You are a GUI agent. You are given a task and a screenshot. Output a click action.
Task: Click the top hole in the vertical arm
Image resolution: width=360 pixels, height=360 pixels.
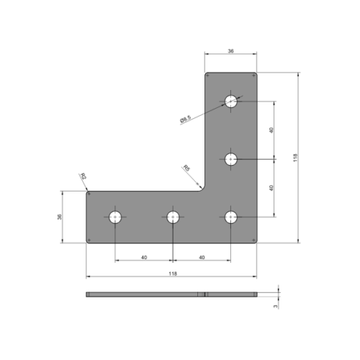[x=230, y=102]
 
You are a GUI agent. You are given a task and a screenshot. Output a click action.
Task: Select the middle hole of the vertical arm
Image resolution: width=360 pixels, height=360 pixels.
[x=230, y=159]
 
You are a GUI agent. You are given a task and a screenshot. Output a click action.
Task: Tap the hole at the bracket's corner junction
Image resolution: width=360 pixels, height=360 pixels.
[x=230, y=216]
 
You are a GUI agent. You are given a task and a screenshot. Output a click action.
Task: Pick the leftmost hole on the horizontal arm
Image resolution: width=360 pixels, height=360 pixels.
[x=115, y=216]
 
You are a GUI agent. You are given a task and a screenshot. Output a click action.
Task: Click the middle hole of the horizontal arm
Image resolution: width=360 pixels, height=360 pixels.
[x=173, y=216]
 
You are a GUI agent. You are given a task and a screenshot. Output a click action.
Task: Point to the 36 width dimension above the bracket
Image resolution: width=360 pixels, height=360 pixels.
[x=230, y=51]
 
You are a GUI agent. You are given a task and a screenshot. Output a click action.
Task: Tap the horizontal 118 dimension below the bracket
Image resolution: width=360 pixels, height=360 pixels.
[x=172, y=274]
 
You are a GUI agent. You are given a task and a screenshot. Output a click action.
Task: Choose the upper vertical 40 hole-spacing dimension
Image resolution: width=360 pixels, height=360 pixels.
[x=271, y=130]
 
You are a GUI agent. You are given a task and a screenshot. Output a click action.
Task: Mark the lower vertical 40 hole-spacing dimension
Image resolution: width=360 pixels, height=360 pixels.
[x=271, y=187]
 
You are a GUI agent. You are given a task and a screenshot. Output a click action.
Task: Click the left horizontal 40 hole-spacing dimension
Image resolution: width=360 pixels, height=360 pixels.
[x=144, y=256]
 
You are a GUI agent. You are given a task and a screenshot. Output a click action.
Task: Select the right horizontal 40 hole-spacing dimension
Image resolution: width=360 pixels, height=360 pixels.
[x=202, y=256]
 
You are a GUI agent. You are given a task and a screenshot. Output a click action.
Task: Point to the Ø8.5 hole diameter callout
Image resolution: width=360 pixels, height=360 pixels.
[x=186, y=120]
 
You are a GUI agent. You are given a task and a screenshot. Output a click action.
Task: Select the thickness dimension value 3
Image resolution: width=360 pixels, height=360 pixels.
[x=276, y=305]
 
